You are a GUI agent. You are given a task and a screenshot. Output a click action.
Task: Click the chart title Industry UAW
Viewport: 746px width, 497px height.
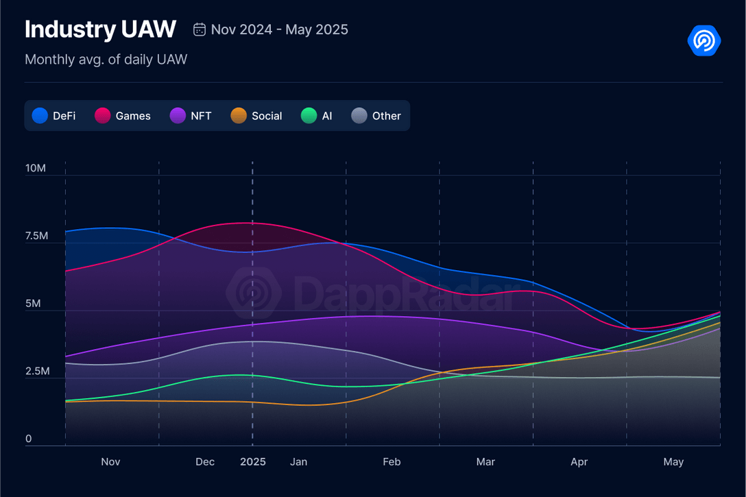[x=100, y=29]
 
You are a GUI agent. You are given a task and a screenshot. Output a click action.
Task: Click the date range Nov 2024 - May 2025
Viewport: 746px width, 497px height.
[x=279, y=29]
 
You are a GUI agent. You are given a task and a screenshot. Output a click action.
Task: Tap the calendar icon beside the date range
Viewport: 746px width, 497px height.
[x=200, y=29]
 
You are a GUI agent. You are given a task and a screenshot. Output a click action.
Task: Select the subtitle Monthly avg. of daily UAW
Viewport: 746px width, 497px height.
[x=106, y=60]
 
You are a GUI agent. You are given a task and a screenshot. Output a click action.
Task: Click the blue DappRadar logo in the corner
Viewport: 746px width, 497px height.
[x=704, y=40]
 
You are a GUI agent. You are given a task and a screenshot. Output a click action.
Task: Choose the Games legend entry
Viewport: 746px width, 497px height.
[x=123, y=116]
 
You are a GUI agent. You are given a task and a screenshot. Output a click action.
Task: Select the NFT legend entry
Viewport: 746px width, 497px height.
[x=191, y=116]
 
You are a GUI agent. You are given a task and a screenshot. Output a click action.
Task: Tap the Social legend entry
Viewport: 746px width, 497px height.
[x=256, y=116]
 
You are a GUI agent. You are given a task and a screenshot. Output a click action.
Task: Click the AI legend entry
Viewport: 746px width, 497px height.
[x=317, y=116]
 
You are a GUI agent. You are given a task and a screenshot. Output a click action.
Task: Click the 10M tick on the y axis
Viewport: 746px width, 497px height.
[x=36, y=168]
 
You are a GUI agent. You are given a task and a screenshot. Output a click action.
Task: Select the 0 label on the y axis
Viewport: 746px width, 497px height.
[x=28, y=439]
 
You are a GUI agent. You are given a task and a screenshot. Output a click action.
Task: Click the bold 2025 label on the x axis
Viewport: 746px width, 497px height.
[x=253, y=462]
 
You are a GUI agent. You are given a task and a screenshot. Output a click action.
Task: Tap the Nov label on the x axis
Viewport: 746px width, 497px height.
[x=110, y=462]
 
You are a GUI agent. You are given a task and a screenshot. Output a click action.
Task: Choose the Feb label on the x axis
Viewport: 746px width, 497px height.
[x=392, y=462]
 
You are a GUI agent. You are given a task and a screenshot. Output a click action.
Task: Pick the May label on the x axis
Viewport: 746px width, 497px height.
[x=673, y=462]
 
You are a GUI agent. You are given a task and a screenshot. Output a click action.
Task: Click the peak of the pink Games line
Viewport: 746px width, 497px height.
[x=248, y=223]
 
